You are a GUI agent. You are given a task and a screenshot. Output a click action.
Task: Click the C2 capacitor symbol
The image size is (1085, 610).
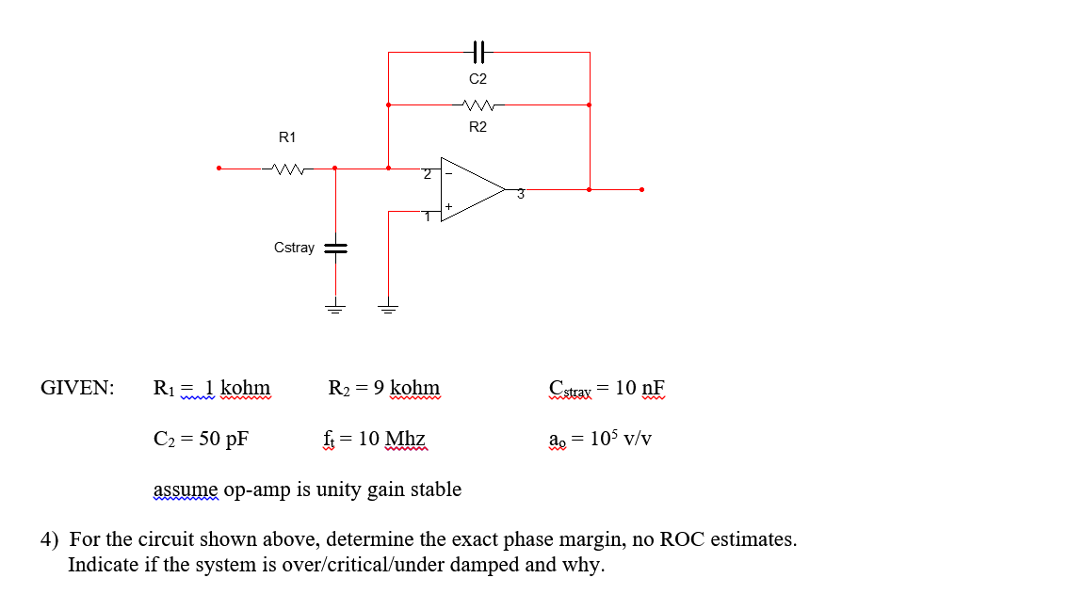478,52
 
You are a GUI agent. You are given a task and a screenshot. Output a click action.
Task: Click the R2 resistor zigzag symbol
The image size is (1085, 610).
478,104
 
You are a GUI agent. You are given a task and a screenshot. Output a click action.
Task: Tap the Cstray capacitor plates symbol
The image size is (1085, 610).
335,249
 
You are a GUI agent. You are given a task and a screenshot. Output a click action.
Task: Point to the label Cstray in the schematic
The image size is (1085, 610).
294,248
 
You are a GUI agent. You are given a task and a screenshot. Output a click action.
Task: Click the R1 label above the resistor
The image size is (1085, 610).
287,137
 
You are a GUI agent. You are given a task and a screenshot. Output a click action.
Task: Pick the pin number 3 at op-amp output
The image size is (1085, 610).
519,195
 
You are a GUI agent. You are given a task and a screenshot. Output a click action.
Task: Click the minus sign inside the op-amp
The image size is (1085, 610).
448,173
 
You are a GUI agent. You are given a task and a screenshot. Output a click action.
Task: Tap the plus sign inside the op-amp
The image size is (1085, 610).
448,205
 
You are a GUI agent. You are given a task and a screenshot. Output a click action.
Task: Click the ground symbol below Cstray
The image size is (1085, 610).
335,306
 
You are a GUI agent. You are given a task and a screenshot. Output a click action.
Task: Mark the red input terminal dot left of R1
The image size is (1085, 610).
219,169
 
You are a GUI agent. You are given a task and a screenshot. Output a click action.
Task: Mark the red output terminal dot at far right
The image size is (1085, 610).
641,189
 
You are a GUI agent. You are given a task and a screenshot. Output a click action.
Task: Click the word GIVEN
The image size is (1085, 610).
77,388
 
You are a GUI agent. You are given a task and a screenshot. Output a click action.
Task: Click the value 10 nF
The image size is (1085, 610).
640,388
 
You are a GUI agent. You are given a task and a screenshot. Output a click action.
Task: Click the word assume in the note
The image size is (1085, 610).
185,490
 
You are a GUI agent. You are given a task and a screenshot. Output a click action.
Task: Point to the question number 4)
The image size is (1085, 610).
49,540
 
